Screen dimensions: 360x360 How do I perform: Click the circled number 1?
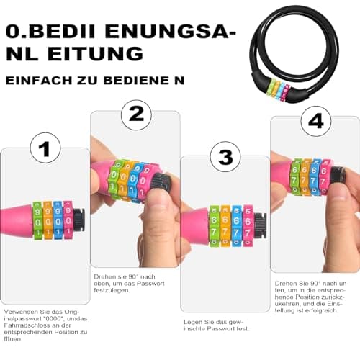click(x=45, y=148)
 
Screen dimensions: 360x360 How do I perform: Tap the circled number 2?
click(x=136, y=115)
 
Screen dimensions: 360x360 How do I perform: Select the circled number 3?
click(x=225, y=156)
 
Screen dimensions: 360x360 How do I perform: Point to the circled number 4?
click(x=316, y=121)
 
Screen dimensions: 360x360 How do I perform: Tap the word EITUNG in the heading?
click(x=95, y=53)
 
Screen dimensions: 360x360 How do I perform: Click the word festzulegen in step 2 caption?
click(x=112, y=290)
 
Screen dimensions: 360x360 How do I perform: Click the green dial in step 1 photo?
click(x=37, y=220)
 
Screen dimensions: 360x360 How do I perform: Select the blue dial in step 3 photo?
click(x=237, y=225)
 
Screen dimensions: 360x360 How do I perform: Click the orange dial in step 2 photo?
click(x=125, y=181)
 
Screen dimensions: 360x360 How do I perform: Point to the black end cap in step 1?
click(x=78, y=220)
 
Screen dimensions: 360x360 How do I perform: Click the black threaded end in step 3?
click(x=260, y=225)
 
